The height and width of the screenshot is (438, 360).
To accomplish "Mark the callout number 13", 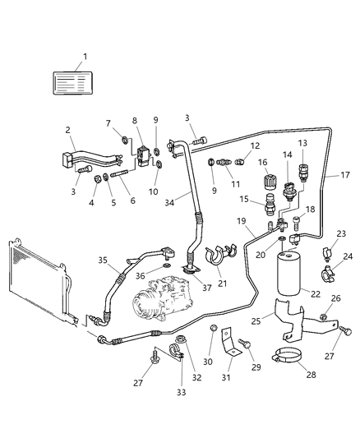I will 301,144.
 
